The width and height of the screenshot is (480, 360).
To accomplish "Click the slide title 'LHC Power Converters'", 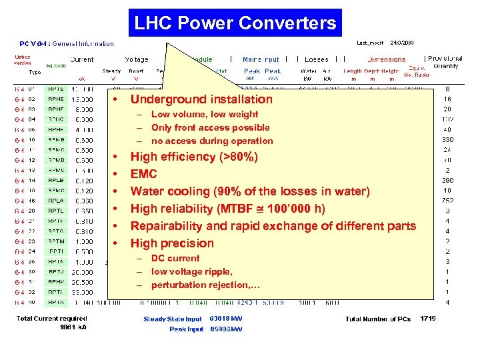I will click(x=235, y=23).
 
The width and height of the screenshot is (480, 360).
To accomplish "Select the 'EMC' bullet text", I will click(x=144, y=174).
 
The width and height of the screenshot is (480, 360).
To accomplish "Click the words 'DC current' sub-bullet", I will click(x=175, y=258).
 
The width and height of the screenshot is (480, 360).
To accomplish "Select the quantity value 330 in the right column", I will click(x=447, y=139).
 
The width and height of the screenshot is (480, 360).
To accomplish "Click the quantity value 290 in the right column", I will click(x=447, y=181).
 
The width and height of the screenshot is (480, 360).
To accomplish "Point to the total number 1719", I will click(x=428, y=319).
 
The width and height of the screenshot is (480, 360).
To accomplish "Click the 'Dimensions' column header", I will click(x=386, y=59).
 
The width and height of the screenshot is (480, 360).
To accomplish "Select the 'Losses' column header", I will click(x=316, y=59).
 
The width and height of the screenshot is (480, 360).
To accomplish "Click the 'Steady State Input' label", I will click(x=173, y=319).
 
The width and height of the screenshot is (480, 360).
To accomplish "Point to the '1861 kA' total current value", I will click(x=73, y=327).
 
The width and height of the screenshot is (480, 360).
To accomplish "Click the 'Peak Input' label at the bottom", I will click(x=186, y=329).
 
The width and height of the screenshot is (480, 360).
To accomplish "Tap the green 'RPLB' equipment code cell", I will click(x=56, y=181).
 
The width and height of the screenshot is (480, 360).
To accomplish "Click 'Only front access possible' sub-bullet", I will click(x=210, y=127).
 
